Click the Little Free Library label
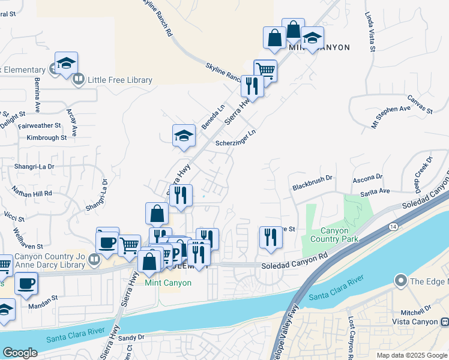pyautogui.click(x=120, y=80)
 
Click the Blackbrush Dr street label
pyautogui.click(x=312, y=187)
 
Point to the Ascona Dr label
pyautogui.click(x=367, y=178)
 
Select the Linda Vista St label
pyautogui.click(x=369, y=32)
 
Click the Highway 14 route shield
pyautogui.click(x=393, y=226)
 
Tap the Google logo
pyautogui.click(x=20, y=353)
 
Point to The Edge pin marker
pyautogui.click(x=400, y=281)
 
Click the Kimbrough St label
pyautogui.click(x=46, y=137)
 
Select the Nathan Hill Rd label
pyautogui.click(x=32, y=193)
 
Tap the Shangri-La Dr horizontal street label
pyautogui.click(x=35, y=166)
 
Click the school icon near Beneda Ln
pyautogui.click(x=184, y=136)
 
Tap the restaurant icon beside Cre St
pyautogui.click(x=270, y=237)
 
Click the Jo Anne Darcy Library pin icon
pyautogui.click(x=94, y=260)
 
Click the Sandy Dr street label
pyautogui.click(x=131, y=338)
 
